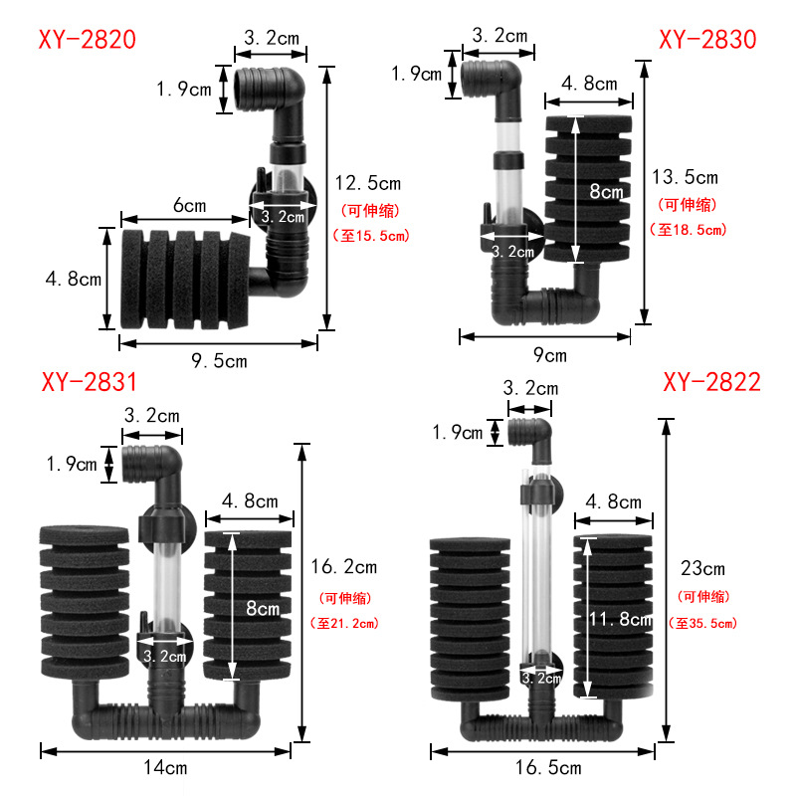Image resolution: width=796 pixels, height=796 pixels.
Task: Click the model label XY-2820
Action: point(87,40)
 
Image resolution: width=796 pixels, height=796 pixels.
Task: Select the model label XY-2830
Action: point(707,40)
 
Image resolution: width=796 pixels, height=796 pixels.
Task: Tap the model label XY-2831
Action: point(89,383)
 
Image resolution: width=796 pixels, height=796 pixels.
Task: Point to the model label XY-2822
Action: point(711,383)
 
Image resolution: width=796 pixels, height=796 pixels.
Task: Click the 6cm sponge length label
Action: point(188,206)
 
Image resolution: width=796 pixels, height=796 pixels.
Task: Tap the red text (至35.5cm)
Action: point(705,624)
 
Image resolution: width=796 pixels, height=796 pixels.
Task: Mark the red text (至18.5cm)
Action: point(688,230)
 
